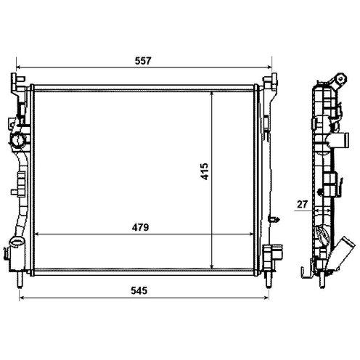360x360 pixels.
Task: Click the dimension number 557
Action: [143, 61]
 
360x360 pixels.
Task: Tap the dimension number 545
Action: [139, 290]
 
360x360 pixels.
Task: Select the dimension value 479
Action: [140, 227]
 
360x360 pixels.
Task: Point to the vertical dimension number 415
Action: [205, 171]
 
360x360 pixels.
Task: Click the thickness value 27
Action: [302, 205]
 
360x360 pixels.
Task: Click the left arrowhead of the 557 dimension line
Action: [18, 67]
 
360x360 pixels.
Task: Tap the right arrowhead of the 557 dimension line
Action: [269, 67]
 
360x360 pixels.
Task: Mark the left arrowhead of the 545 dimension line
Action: [22, 298]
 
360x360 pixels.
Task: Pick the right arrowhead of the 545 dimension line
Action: [266, 298]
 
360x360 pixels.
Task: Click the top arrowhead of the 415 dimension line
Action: [212, 94]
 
